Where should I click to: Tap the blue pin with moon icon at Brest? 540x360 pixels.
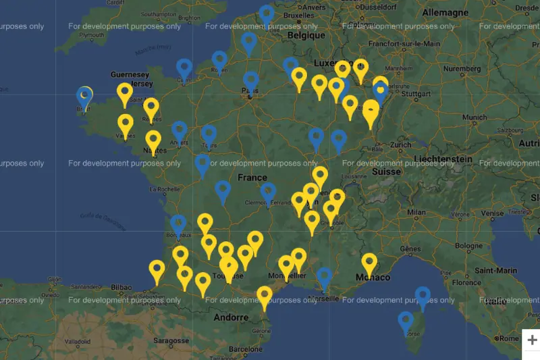coord(84,97)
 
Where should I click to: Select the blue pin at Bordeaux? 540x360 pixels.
coord(178,224)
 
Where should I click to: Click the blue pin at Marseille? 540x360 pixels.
coord(325,277)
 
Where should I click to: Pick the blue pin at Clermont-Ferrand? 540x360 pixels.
coord(268,192)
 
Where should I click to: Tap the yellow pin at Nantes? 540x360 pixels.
coord(154,140)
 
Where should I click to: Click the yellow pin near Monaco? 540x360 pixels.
coord(369,263)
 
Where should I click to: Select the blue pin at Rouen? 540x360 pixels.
coord(219,61)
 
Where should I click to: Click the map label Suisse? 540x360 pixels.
coord(387,172)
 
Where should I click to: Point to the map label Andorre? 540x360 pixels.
coord(231,317)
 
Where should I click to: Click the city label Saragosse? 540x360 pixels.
coord(170,341)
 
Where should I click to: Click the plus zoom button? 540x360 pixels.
coord(531,340)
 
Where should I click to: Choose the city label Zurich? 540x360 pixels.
coord(400,145)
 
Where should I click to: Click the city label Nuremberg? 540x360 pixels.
coord(462,68)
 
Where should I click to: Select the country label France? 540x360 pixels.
coord(252,178)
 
